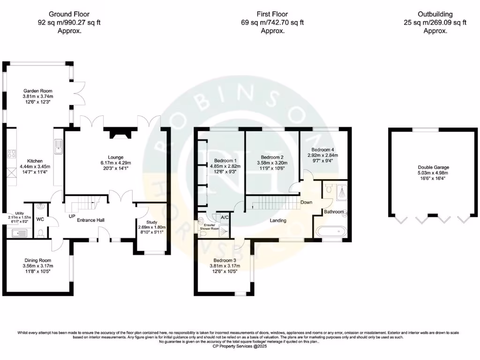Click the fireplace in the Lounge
[118, 135]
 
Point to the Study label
[150, 223]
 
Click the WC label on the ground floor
[41, 219]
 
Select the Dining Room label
[38, 260]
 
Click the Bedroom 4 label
[322, 150]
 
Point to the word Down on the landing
[307, 202]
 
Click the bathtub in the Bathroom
[332, 231]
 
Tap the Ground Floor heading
[70, 14]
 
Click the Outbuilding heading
[435, 14]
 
